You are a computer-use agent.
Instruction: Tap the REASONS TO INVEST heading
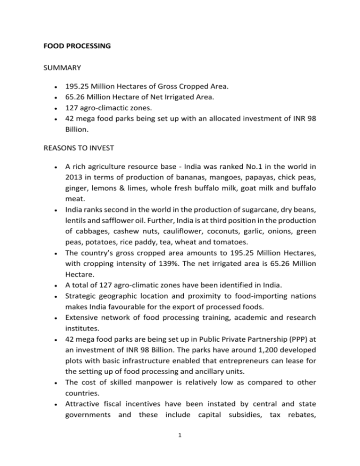pyautogui.click(x=78, y=159)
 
